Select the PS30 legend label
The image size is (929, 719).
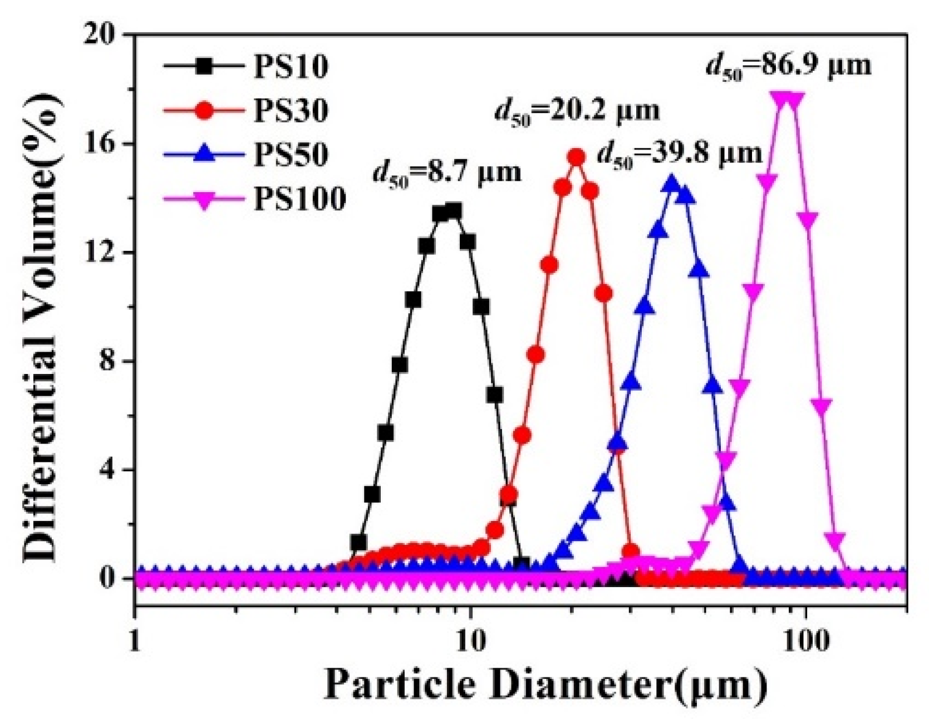click(291, 111)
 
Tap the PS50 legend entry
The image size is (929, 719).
click(291, 155)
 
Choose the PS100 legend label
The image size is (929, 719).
click(299, 199)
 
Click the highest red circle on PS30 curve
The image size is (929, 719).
click(577, 157)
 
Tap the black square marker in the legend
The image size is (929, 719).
click(204, 67)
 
